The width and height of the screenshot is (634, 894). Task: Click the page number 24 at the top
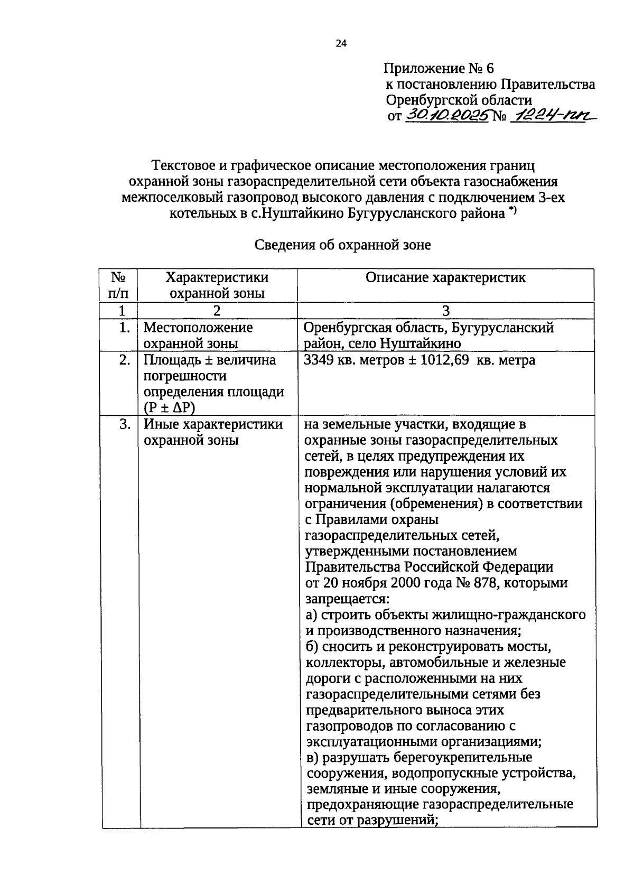(x=341, y=44)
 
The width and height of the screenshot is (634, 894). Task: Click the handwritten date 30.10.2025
(x=446, y=116)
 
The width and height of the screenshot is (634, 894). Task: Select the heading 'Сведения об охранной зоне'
(x=343, y=245)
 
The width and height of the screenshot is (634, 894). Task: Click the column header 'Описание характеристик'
(x=445, y=278)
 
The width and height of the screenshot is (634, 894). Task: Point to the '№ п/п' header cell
(x=118, y=285)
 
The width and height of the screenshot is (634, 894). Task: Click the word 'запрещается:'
(x=347, y=599)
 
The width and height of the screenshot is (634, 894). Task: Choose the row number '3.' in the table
(x=125, y=424)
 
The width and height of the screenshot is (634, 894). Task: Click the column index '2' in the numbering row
(x=217, y=311)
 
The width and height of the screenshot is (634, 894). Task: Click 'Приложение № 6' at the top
(x=439, y=69)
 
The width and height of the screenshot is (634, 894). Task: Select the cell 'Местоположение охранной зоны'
(x=198, y=336)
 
